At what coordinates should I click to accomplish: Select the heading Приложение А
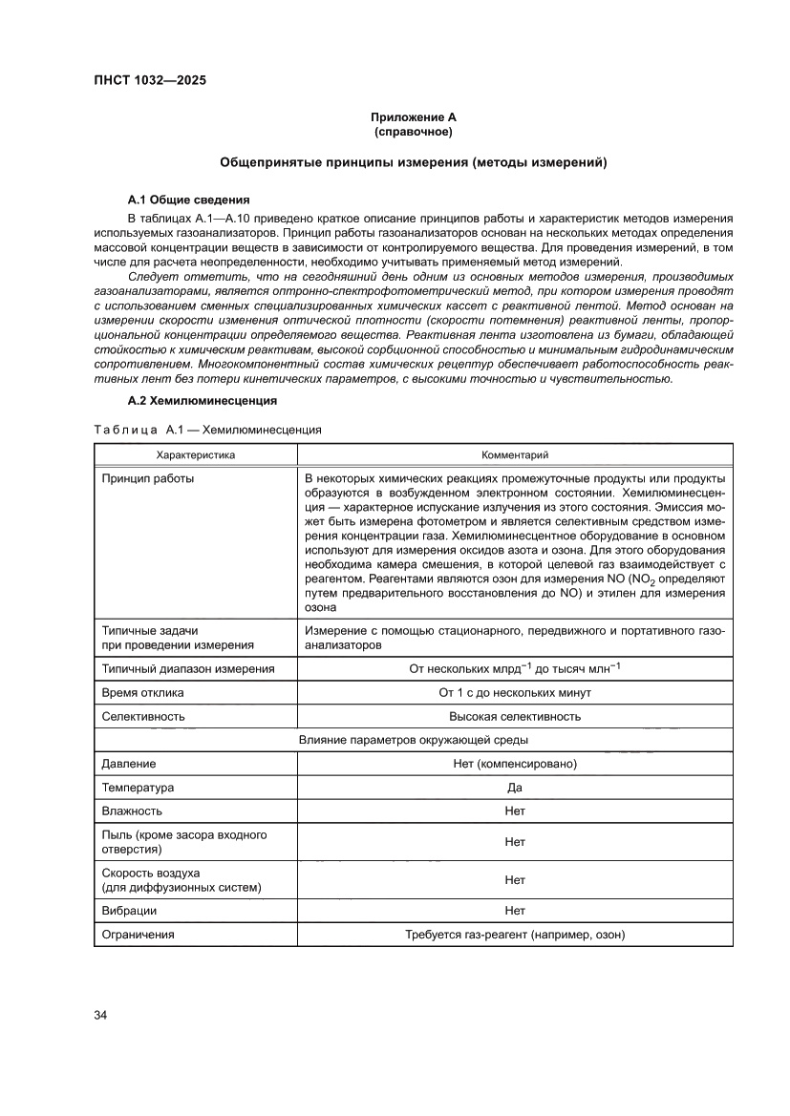point(413,116)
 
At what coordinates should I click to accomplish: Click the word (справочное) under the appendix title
point(413,131)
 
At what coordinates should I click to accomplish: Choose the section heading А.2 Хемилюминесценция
point(202,400)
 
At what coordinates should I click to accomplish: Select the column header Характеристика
point(195,455)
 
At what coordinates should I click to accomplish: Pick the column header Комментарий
point(514,455)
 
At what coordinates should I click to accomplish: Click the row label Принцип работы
point(148,477)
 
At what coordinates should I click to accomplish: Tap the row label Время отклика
point(143,692)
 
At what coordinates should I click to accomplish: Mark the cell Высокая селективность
point(514,716)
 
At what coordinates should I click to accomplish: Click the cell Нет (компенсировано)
point(514,764)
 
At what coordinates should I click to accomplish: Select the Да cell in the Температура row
point(514,789)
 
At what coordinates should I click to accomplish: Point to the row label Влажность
point(132,811)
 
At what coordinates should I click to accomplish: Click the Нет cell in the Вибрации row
point(514,911)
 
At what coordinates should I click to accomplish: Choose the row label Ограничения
point(138,935)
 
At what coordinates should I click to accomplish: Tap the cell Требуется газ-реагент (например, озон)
point(514,935)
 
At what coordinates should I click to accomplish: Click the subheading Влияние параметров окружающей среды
point(413,740)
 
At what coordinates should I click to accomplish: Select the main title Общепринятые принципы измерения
point(413,163)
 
